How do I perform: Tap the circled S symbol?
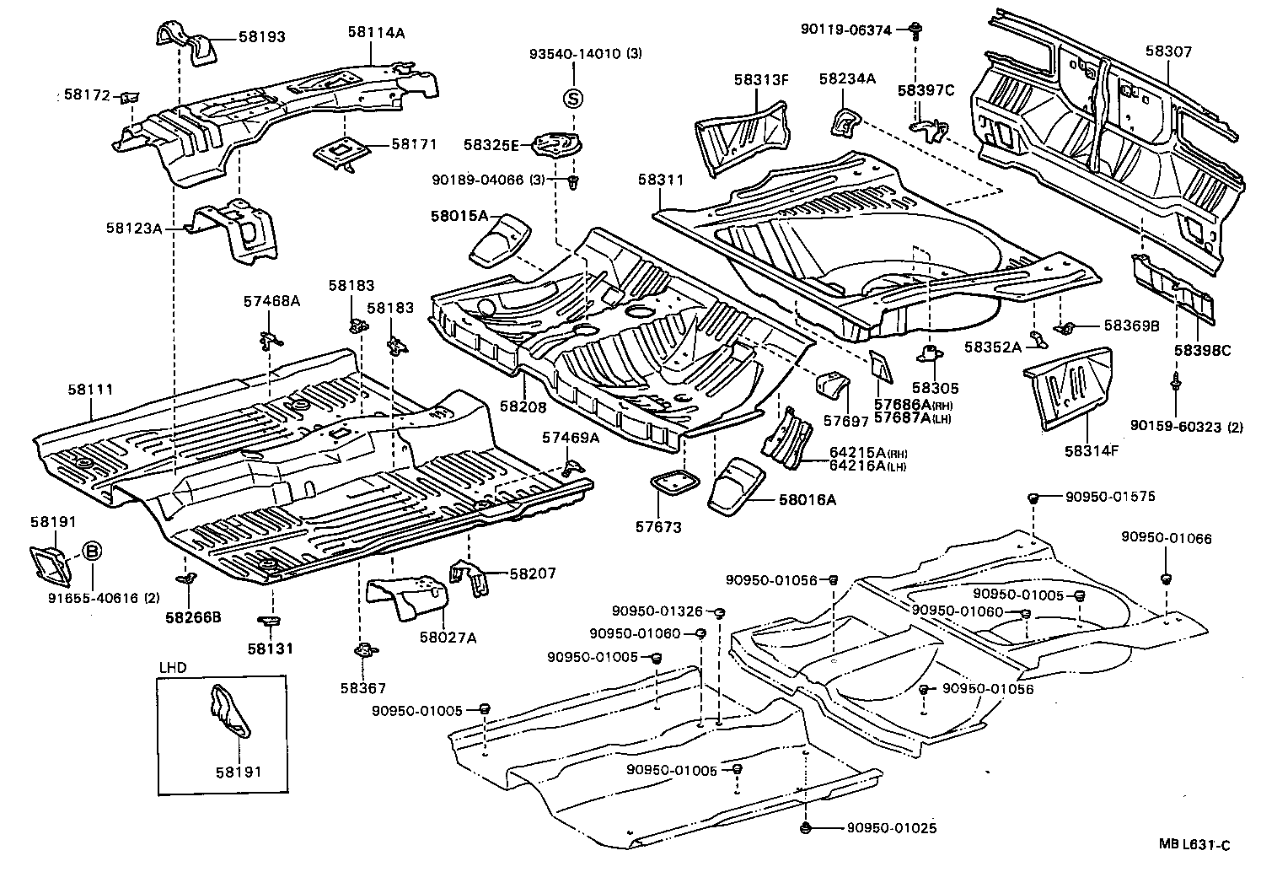pos(572,99)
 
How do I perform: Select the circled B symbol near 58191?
pos(93,552)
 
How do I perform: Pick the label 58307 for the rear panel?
pos(1168,51)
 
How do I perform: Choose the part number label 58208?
pos(523,406)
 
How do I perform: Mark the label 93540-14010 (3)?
pos(585,53)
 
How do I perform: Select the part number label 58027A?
pos(448,638)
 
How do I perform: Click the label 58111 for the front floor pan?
pos(91,390)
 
